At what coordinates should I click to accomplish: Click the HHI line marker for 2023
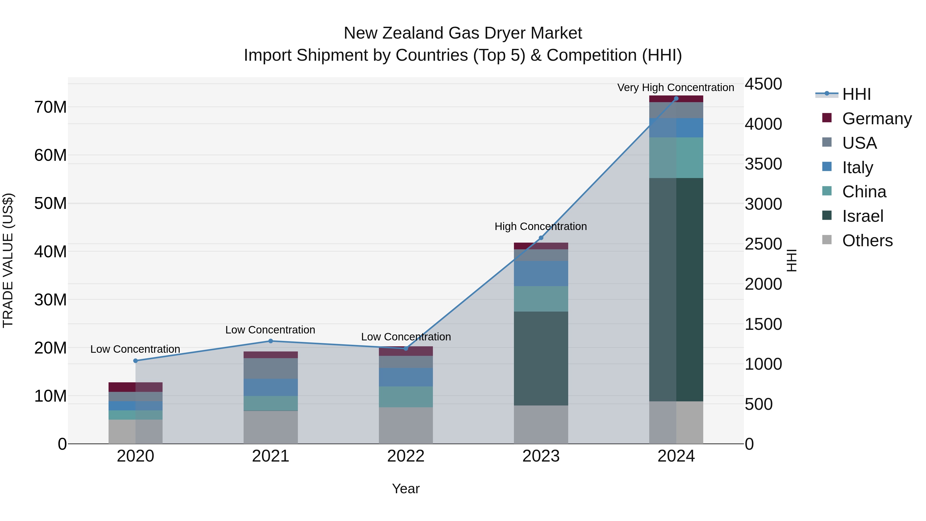(x=541, y=238)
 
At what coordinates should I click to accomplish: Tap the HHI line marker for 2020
(x=136, y=361)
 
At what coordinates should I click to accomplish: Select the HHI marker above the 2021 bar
(x=271, y=341)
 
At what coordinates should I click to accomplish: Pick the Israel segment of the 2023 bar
(x=541, y=358)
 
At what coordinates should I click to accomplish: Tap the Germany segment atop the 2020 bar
(x=136, y=387)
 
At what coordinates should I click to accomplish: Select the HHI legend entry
(x=856, y=94)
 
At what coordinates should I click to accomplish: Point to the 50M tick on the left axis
(x=50, y=204)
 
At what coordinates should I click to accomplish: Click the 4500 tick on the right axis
(x=763, y=84)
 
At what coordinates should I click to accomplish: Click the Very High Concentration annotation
(x=675, y=87)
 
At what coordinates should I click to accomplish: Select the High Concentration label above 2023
(x=541, y=226)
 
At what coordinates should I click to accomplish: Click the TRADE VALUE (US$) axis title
(x=8, y=260)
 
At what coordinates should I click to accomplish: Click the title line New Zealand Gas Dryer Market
(x=463, y=33)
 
